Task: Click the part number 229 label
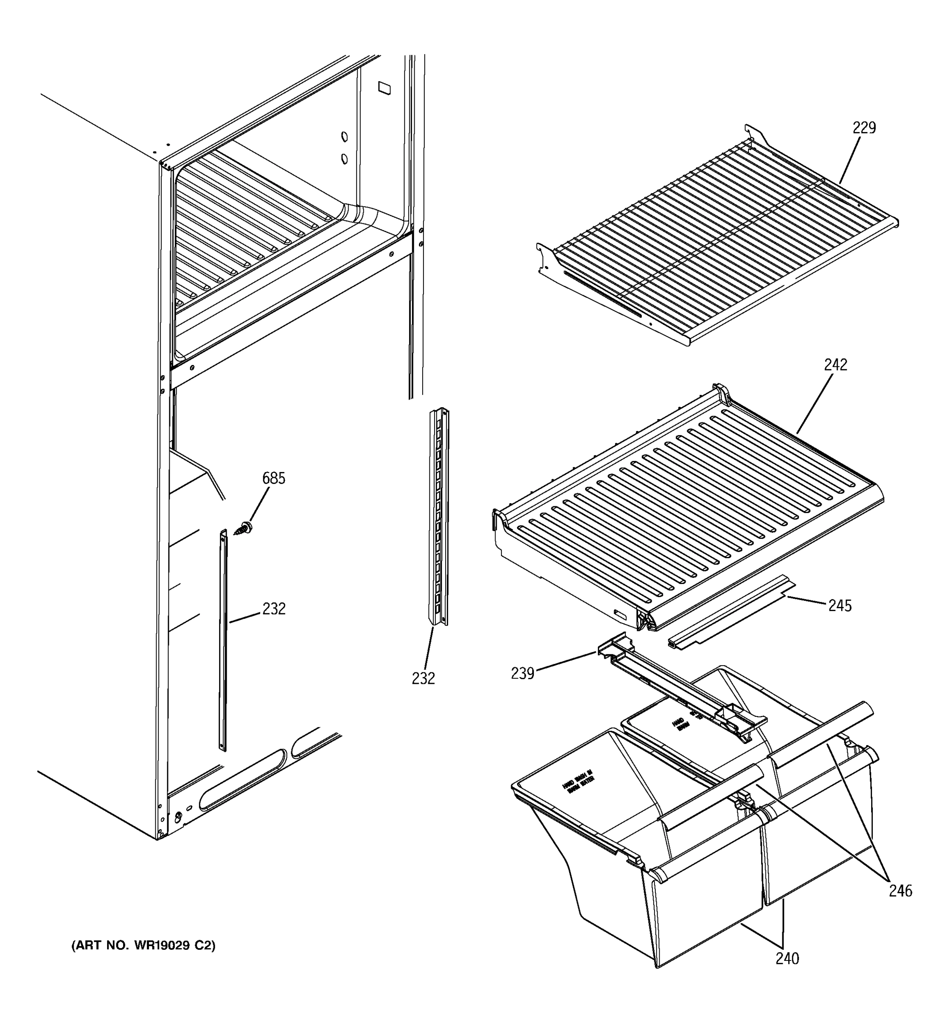point(864,128)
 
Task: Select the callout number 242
point(835,365)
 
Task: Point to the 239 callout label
point(522,674)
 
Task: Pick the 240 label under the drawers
point(787,959)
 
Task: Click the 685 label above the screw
point(273,478)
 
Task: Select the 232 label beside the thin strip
point(274,609)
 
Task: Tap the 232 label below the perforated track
point(424,678)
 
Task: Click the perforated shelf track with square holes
point(438,516)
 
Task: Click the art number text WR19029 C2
point(143,946)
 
